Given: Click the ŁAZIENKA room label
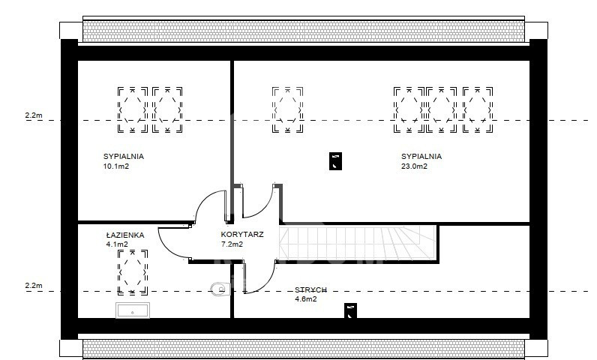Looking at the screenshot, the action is (125, 235).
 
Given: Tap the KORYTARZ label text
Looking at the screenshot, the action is (242, 235).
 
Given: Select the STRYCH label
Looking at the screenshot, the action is (310, 290).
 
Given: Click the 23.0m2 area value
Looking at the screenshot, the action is (414, 166).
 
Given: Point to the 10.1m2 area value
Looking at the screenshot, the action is (116, 166).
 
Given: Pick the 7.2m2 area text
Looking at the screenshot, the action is (232, 244).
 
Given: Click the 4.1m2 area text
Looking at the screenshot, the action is (117, 244).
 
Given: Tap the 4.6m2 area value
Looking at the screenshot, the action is (306, 299).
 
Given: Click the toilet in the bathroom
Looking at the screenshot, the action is (218, 289).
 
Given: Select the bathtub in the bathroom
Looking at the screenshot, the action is (133, 310).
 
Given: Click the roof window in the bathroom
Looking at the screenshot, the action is (133, 272).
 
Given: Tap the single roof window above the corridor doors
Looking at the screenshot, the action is (287, 110).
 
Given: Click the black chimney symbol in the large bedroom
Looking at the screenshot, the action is (335, 161).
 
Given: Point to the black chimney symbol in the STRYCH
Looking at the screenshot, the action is (351, 311).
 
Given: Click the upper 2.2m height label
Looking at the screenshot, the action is (34, 115).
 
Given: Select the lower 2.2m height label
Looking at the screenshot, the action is (34, 286).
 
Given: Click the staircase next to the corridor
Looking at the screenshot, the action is (358, 243).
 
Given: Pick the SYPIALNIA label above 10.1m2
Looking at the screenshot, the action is (123, 157).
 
